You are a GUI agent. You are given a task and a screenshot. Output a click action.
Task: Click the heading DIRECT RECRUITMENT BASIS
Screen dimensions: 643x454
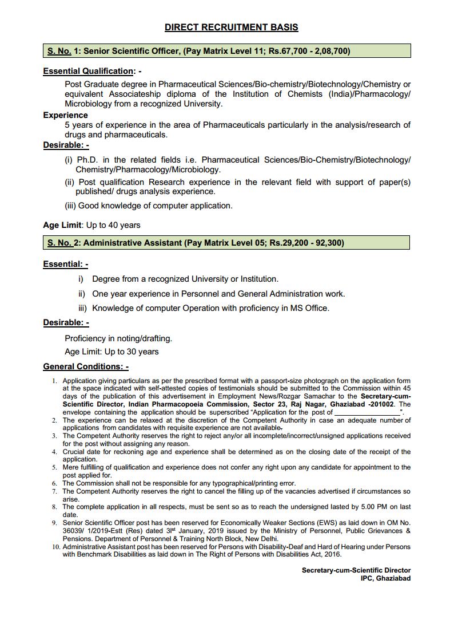[x=231, y=27]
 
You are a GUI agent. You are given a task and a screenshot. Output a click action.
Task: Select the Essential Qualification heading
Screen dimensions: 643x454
[x=88, y=71]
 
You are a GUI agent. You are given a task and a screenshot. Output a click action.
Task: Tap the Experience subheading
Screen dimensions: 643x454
[x=65, y=115]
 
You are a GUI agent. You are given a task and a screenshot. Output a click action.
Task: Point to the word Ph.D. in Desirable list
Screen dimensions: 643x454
[x=89, y=160]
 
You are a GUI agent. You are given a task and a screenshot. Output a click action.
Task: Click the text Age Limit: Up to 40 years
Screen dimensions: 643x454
[x=91, y=225]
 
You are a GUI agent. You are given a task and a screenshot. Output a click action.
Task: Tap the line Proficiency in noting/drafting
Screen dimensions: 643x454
[x=118, y=338]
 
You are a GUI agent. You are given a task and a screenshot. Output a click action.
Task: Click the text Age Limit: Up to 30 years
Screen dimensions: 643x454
[x=111, y=352]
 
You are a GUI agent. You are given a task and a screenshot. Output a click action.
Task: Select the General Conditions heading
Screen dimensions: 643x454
[x=86, y=366]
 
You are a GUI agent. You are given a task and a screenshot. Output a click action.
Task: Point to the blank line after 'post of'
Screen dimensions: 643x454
[x=367, y=412]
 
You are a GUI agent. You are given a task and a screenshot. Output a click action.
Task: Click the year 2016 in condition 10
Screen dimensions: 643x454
[x=331, y=554]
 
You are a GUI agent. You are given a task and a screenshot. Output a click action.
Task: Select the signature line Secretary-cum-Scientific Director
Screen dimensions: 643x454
[x=356, y=570]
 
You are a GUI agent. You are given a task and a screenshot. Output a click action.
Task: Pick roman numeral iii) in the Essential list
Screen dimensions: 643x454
[x=83, y=308]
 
